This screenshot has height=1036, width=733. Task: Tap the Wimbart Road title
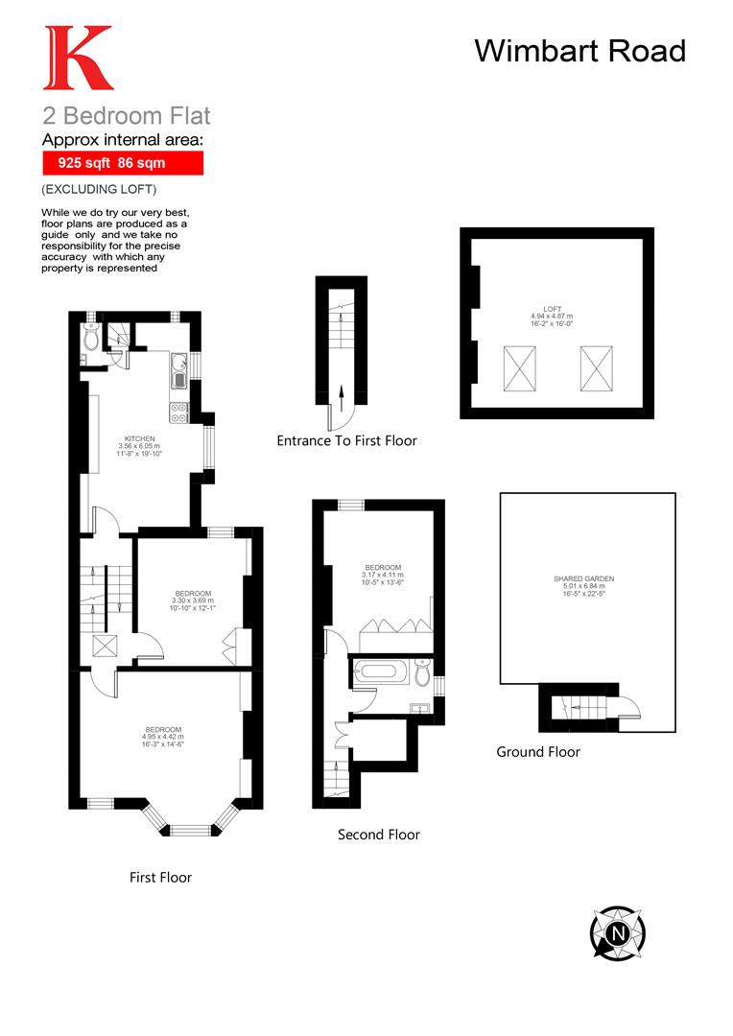[x=580, y=50]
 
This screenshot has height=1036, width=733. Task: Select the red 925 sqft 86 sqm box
[x=123, y=163]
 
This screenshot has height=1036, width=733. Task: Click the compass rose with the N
[x=617, y=931]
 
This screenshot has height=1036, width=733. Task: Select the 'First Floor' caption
[x=161, y=878]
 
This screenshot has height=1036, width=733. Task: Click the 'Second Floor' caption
[x=379, y=835]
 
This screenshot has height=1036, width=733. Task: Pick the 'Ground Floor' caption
[x=538, y=752]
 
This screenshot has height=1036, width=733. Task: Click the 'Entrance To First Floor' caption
[x=347, y=441]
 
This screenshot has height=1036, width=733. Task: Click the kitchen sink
[x=179, y=376]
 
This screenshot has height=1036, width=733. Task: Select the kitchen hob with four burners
[x=179, y=412]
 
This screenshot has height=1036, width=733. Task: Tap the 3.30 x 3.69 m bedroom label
[x=193, y=600]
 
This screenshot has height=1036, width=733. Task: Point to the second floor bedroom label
[x=383, y=574]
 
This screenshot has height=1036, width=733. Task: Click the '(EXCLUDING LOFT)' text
[x=98, y=190]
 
